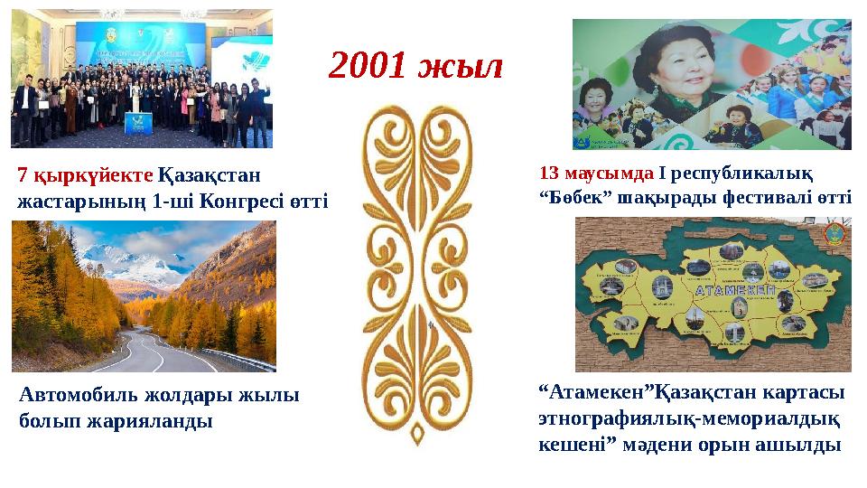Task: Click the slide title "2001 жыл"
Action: (415, 65)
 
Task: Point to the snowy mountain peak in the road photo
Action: (126, 258)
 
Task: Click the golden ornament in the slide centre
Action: (417, 271)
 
